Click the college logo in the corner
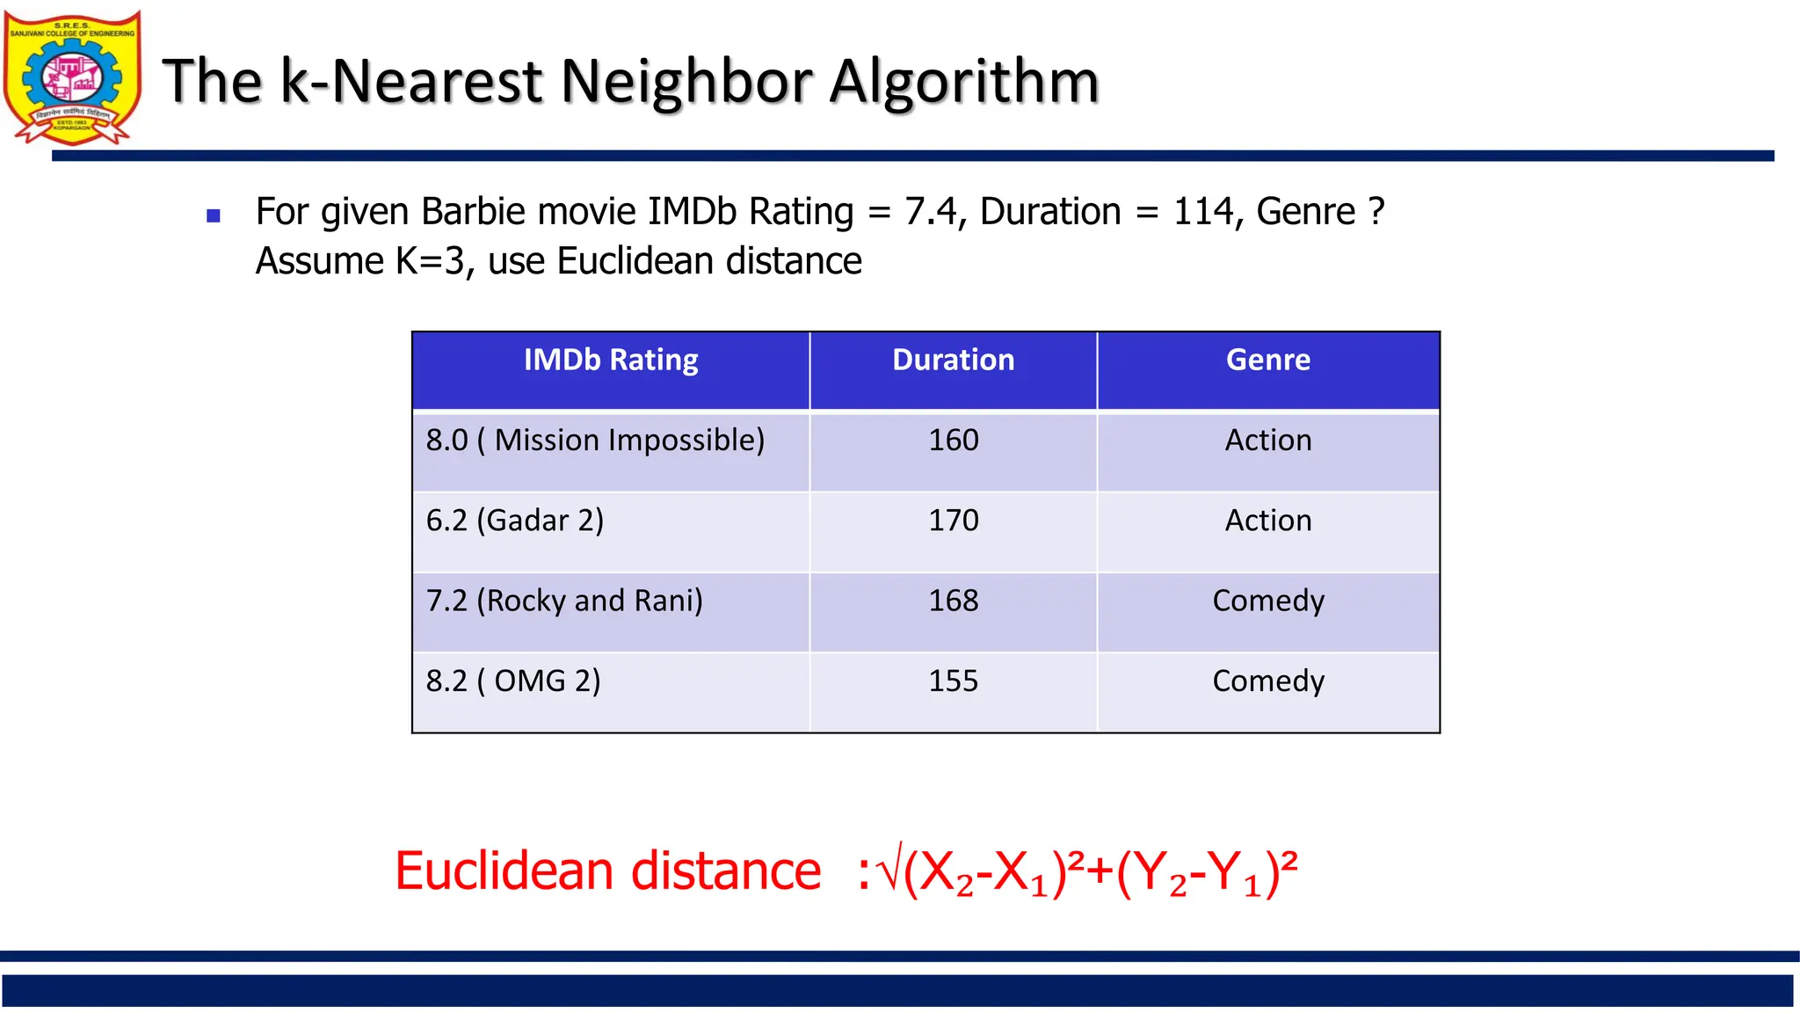point(72,77)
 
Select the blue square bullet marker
point(213,215)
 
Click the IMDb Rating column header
point(611,361)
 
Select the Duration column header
point(953,361)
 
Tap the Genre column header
point(1267,361)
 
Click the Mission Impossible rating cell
point(595,441)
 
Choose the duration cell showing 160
point(953,441)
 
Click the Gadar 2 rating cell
point(515,521)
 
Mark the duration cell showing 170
point(953,521)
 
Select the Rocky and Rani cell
point(564,601)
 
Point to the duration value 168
point(953,601)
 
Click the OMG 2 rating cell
point(513,681)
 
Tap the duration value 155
point(953,681)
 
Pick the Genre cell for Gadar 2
point(1267,521)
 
